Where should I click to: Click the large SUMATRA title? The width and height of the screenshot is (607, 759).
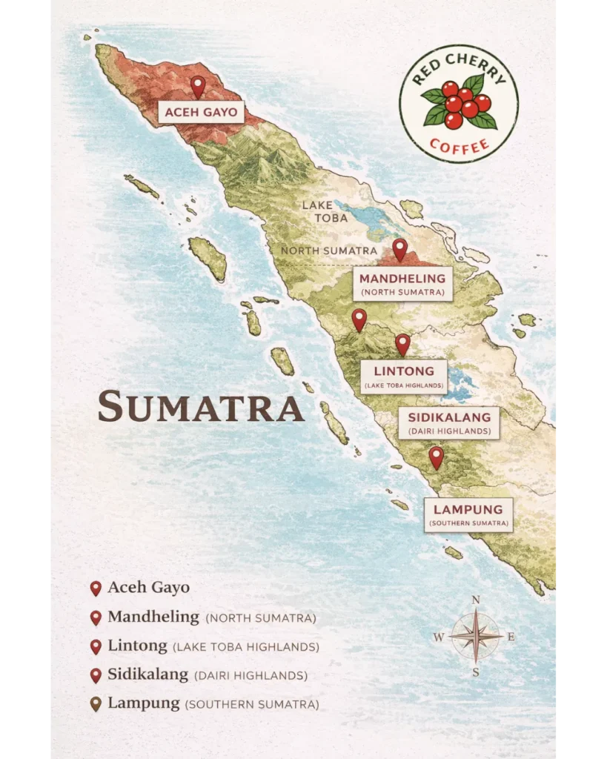click(201, 407)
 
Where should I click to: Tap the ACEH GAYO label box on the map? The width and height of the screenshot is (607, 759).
click(201, 113)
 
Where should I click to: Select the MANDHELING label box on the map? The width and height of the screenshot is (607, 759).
click(403, 284)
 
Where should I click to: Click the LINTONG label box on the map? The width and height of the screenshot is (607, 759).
click(403, 376)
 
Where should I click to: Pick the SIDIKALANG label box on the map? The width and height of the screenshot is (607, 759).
click(449, 422)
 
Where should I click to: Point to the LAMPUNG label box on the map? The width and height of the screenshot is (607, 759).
click(468, 514)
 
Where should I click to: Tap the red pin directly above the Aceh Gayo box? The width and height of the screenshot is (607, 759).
click(197, 86)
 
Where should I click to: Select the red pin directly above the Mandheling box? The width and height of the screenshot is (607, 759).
click(399, 249)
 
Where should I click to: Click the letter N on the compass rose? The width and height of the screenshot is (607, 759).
click(476, 600)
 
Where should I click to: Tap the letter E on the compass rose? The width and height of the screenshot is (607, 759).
click(511, 636)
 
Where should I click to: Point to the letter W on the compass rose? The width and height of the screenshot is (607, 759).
click(439, 637)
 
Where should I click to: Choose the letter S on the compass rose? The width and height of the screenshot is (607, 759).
click(476, 672)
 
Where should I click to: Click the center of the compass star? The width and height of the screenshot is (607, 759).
click(476, 636)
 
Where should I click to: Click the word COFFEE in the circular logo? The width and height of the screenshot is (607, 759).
click(460, 144)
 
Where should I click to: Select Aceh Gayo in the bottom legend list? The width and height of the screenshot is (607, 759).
click(148, 588)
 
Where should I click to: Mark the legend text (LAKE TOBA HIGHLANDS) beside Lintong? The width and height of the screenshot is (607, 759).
click(245, 647)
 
